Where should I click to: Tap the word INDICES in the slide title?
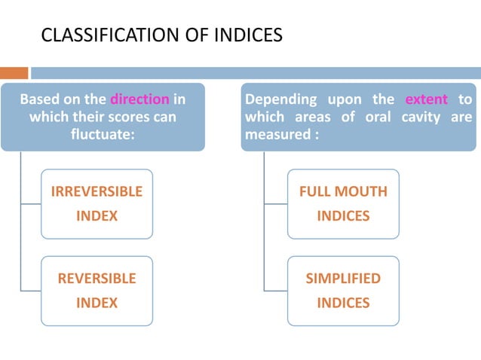click(251, 35)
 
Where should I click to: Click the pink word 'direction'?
click(140, 99)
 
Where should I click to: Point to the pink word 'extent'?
click(426, 99)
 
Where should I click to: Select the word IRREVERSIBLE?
click(97, 191)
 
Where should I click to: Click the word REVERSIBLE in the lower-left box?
click(97, 278)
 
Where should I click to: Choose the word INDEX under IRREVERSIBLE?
click(97, 216)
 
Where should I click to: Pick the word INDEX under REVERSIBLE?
click(97, 303)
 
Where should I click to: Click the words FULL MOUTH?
click(343, 191)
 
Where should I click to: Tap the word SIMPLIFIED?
click(343, 278)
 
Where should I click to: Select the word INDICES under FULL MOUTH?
click(343, 216)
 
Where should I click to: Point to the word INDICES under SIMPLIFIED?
click(343, 303)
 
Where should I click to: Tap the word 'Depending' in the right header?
click(279, 99)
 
